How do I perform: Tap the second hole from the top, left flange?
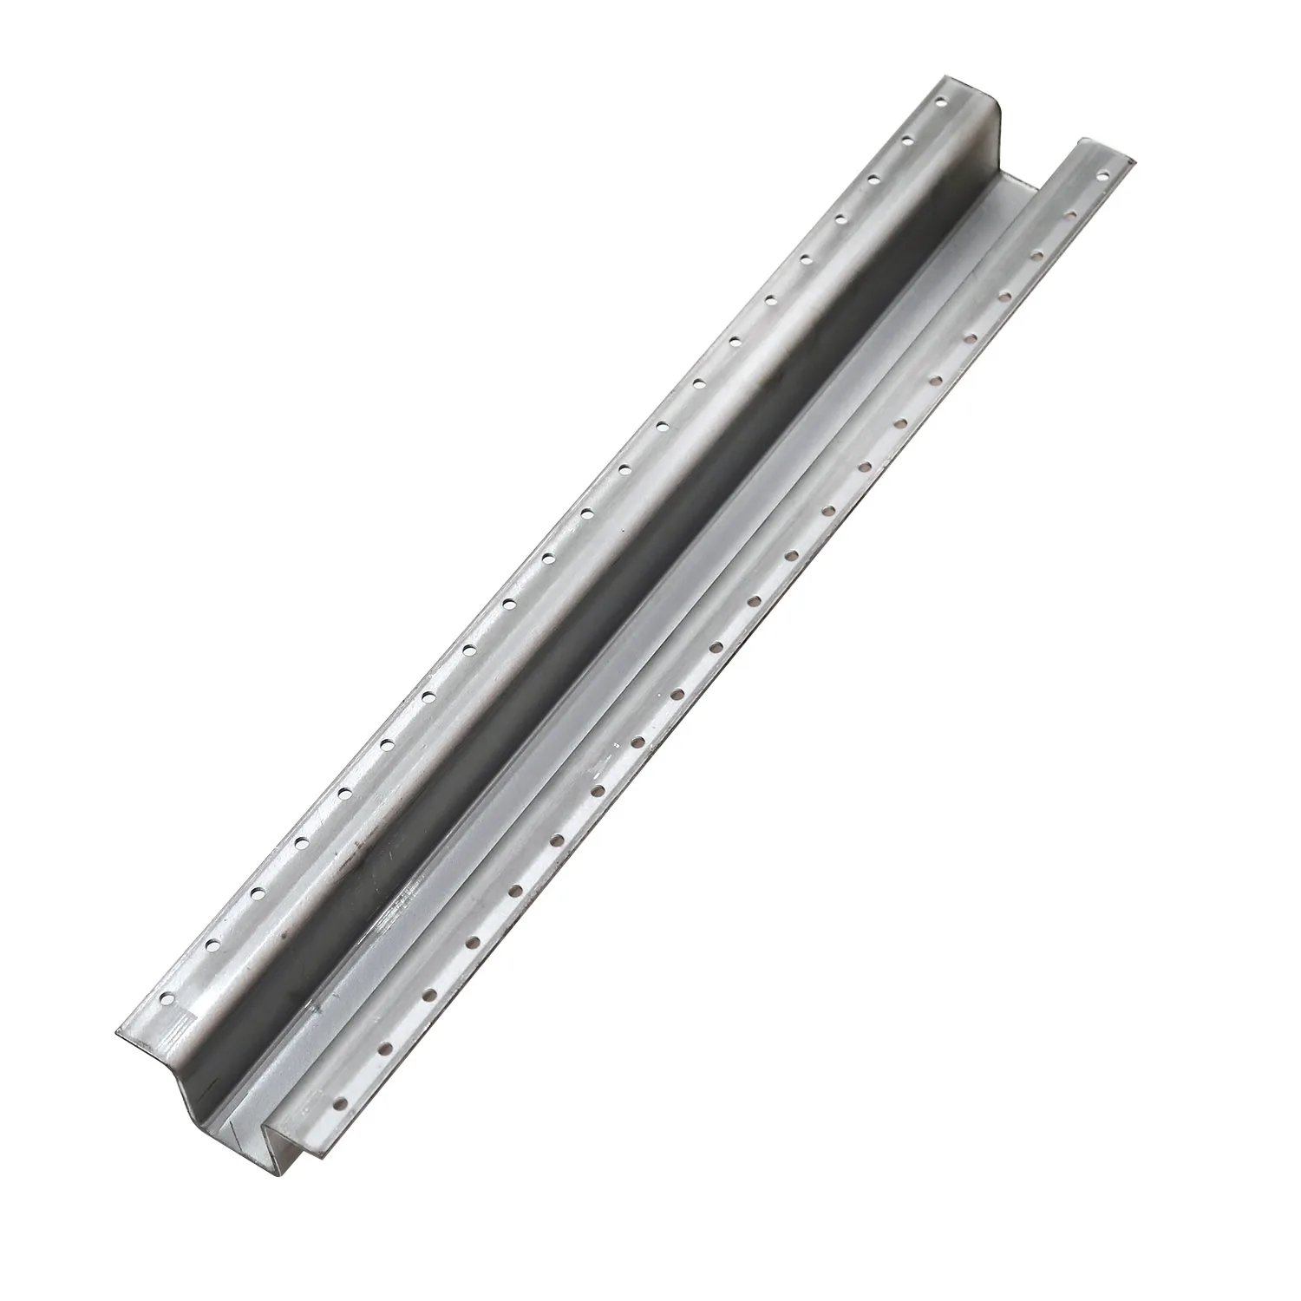tap(908, 139)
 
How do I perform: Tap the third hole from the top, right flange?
tap(1036, 255)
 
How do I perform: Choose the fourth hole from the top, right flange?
tap(1003, 295)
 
